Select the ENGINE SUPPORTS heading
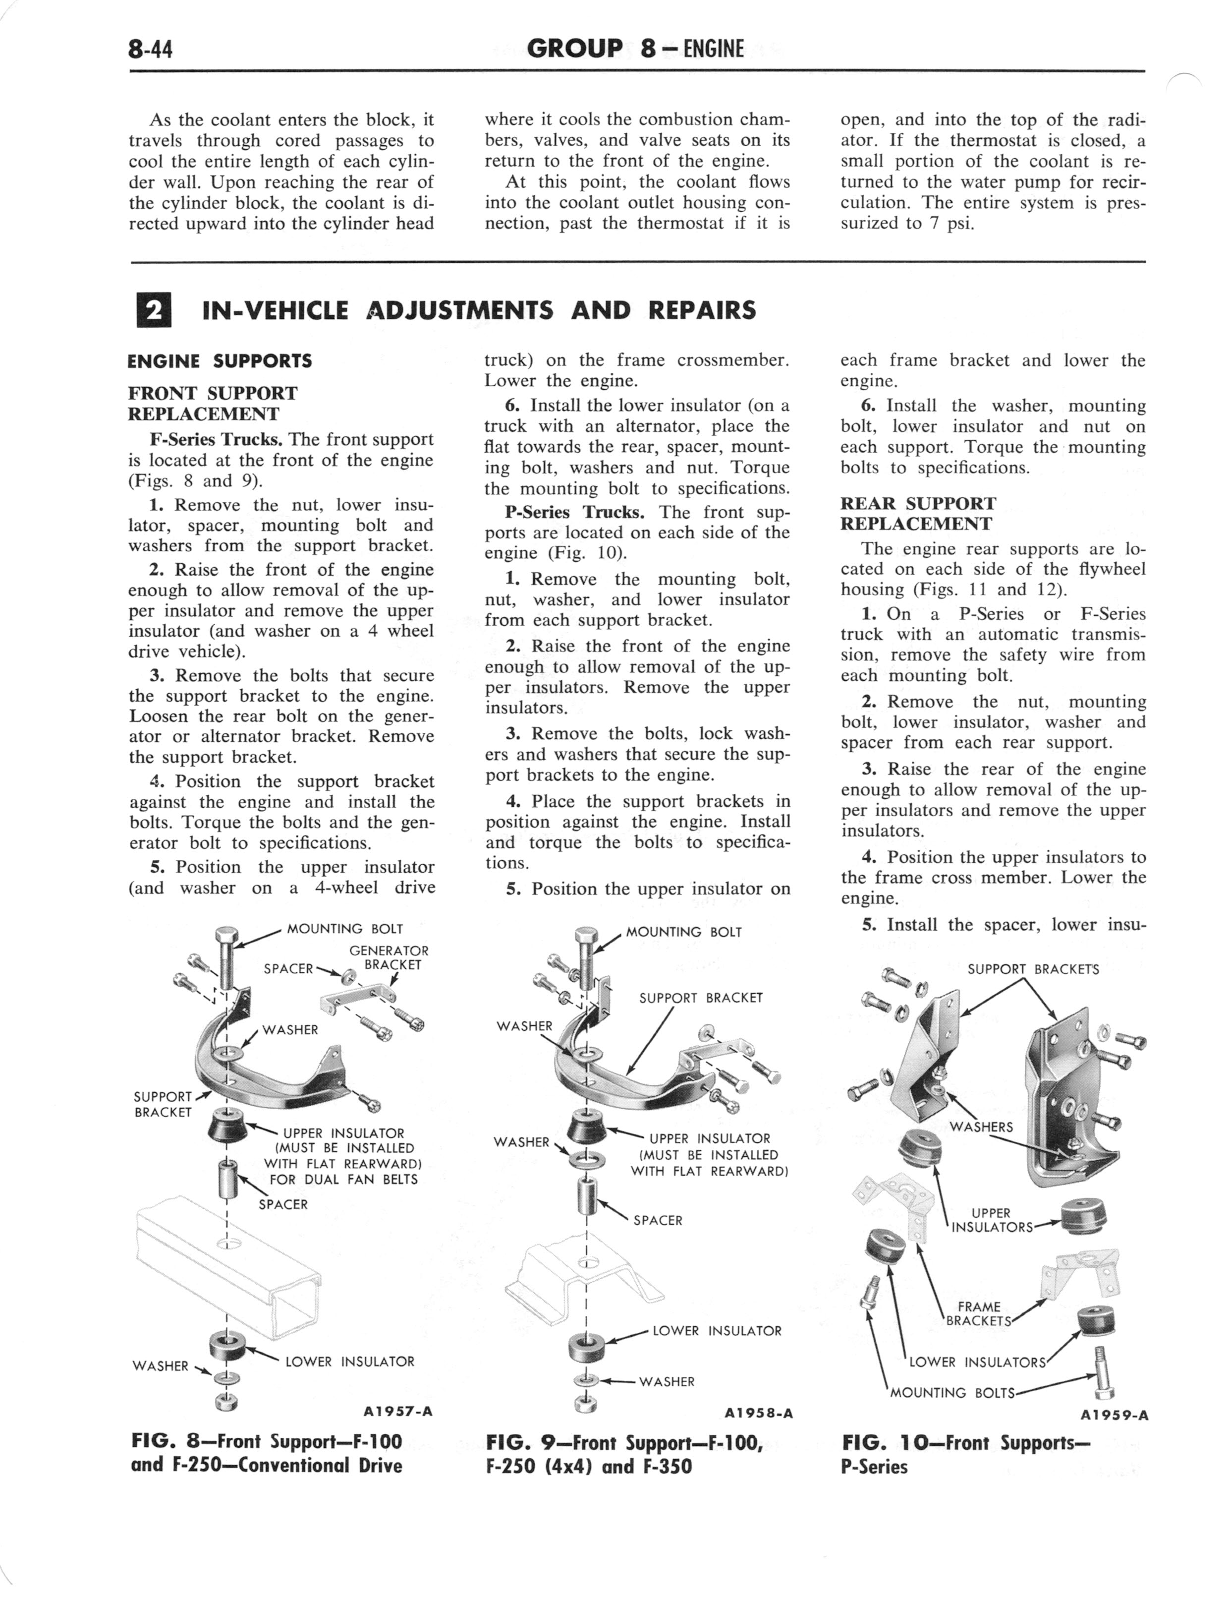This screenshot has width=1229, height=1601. pos(220,361)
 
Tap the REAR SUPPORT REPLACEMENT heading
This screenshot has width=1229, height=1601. pos(918,514)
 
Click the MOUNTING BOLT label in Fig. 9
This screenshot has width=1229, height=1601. pos(684,932)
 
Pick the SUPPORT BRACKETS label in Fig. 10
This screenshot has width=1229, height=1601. pos(1033,969)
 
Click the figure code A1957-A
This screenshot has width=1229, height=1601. pos(397,1412)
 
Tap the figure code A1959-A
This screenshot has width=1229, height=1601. pos(1114,1415)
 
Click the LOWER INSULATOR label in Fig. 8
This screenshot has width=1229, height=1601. pos(350,1362)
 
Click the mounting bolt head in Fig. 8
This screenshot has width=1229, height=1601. pos(225,936)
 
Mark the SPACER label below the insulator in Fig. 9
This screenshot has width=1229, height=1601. pos(658,1221)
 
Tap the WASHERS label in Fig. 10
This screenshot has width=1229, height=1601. pos(981,1127)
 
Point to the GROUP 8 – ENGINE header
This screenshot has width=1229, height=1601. pos(635,49)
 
